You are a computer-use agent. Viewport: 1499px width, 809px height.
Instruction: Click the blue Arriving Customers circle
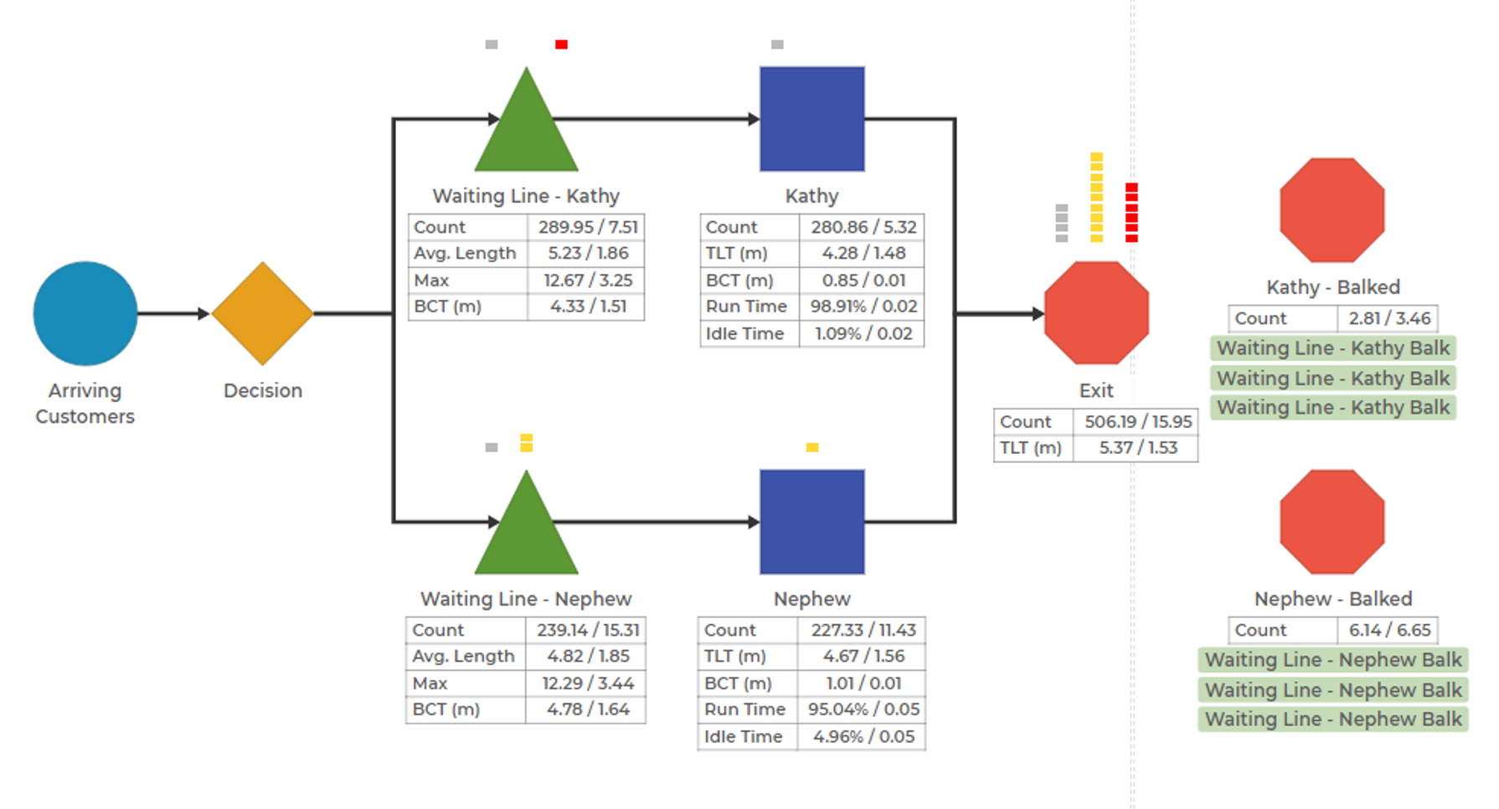pyautogui.click(x=85, y=313)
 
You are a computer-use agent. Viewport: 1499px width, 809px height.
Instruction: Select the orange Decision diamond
pyautogui.click(x=263, y=313)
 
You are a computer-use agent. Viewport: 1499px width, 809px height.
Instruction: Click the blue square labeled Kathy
pyautogui.click(x=812, y=119)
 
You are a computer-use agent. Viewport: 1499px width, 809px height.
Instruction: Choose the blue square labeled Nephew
pyautogui.click(x=812, y=522)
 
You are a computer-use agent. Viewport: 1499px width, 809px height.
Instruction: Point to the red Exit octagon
pyautogui.click(x=1096, y=313)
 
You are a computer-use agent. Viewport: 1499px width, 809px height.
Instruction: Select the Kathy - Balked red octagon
pyautogui.click(x=1332, y=210)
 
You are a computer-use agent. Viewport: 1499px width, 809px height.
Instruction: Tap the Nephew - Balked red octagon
pyautogui.click(x=1332, y=522)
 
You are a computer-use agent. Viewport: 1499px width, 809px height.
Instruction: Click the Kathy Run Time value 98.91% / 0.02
pyautogui.click(x=863, y=307)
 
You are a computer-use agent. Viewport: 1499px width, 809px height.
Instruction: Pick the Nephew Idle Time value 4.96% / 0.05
pyautogui.click(x=863, y=737)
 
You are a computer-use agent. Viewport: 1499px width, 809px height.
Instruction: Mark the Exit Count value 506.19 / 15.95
pyautogui.click(x=1138, y=421)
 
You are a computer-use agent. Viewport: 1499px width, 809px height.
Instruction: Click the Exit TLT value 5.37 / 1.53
pyautogui.click(x=1138, y=448)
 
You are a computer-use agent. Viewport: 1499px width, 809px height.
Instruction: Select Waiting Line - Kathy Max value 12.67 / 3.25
pyautogui.click(x=588, y=281)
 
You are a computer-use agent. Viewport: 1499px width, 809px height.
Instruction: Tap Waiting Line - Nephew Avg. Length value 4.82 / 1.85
pyautogui.click(x=588, y=657)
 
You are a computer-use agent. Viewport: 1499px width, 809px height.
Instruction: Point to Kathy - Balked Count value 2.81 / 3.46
pyautogui.click(x=1389, y=318)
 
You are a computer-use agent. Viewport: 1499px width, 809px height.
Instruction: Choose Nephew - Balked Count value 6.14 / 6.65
pyautogui.click(x=1389, y=630)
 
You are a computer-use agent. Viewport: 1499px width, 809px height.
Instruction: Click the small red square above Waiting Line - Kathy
pyautogui.click(x=561, y=44)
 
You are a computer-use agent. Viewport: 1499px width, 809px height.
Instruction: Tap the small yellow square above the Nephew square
pyautogui.click(x=812, y=447)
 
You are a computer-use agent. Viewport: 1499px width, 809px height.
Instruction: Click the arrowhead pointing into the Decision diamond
pyautogui.click(x=203, y=313)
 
